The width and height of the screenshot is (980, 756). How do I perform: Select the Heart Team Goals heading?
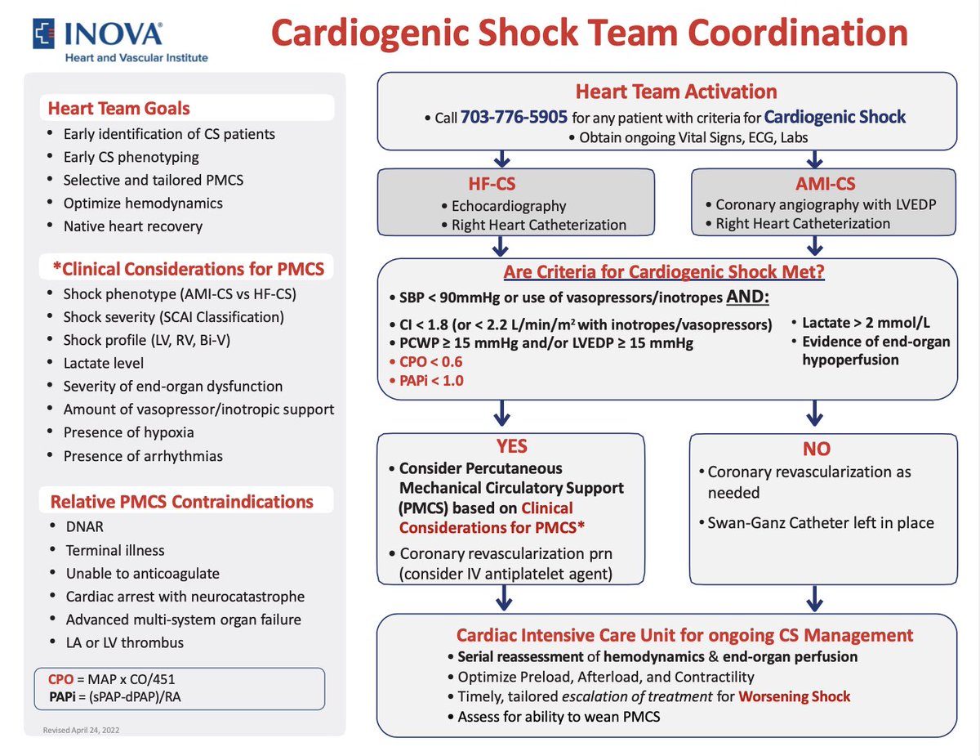click(118, 108)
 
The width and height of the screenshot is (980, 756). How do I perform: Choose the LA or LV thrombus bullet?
click(124, 642)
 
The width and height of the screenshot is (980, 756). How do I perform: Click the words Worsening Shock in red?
click(794, 696)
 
